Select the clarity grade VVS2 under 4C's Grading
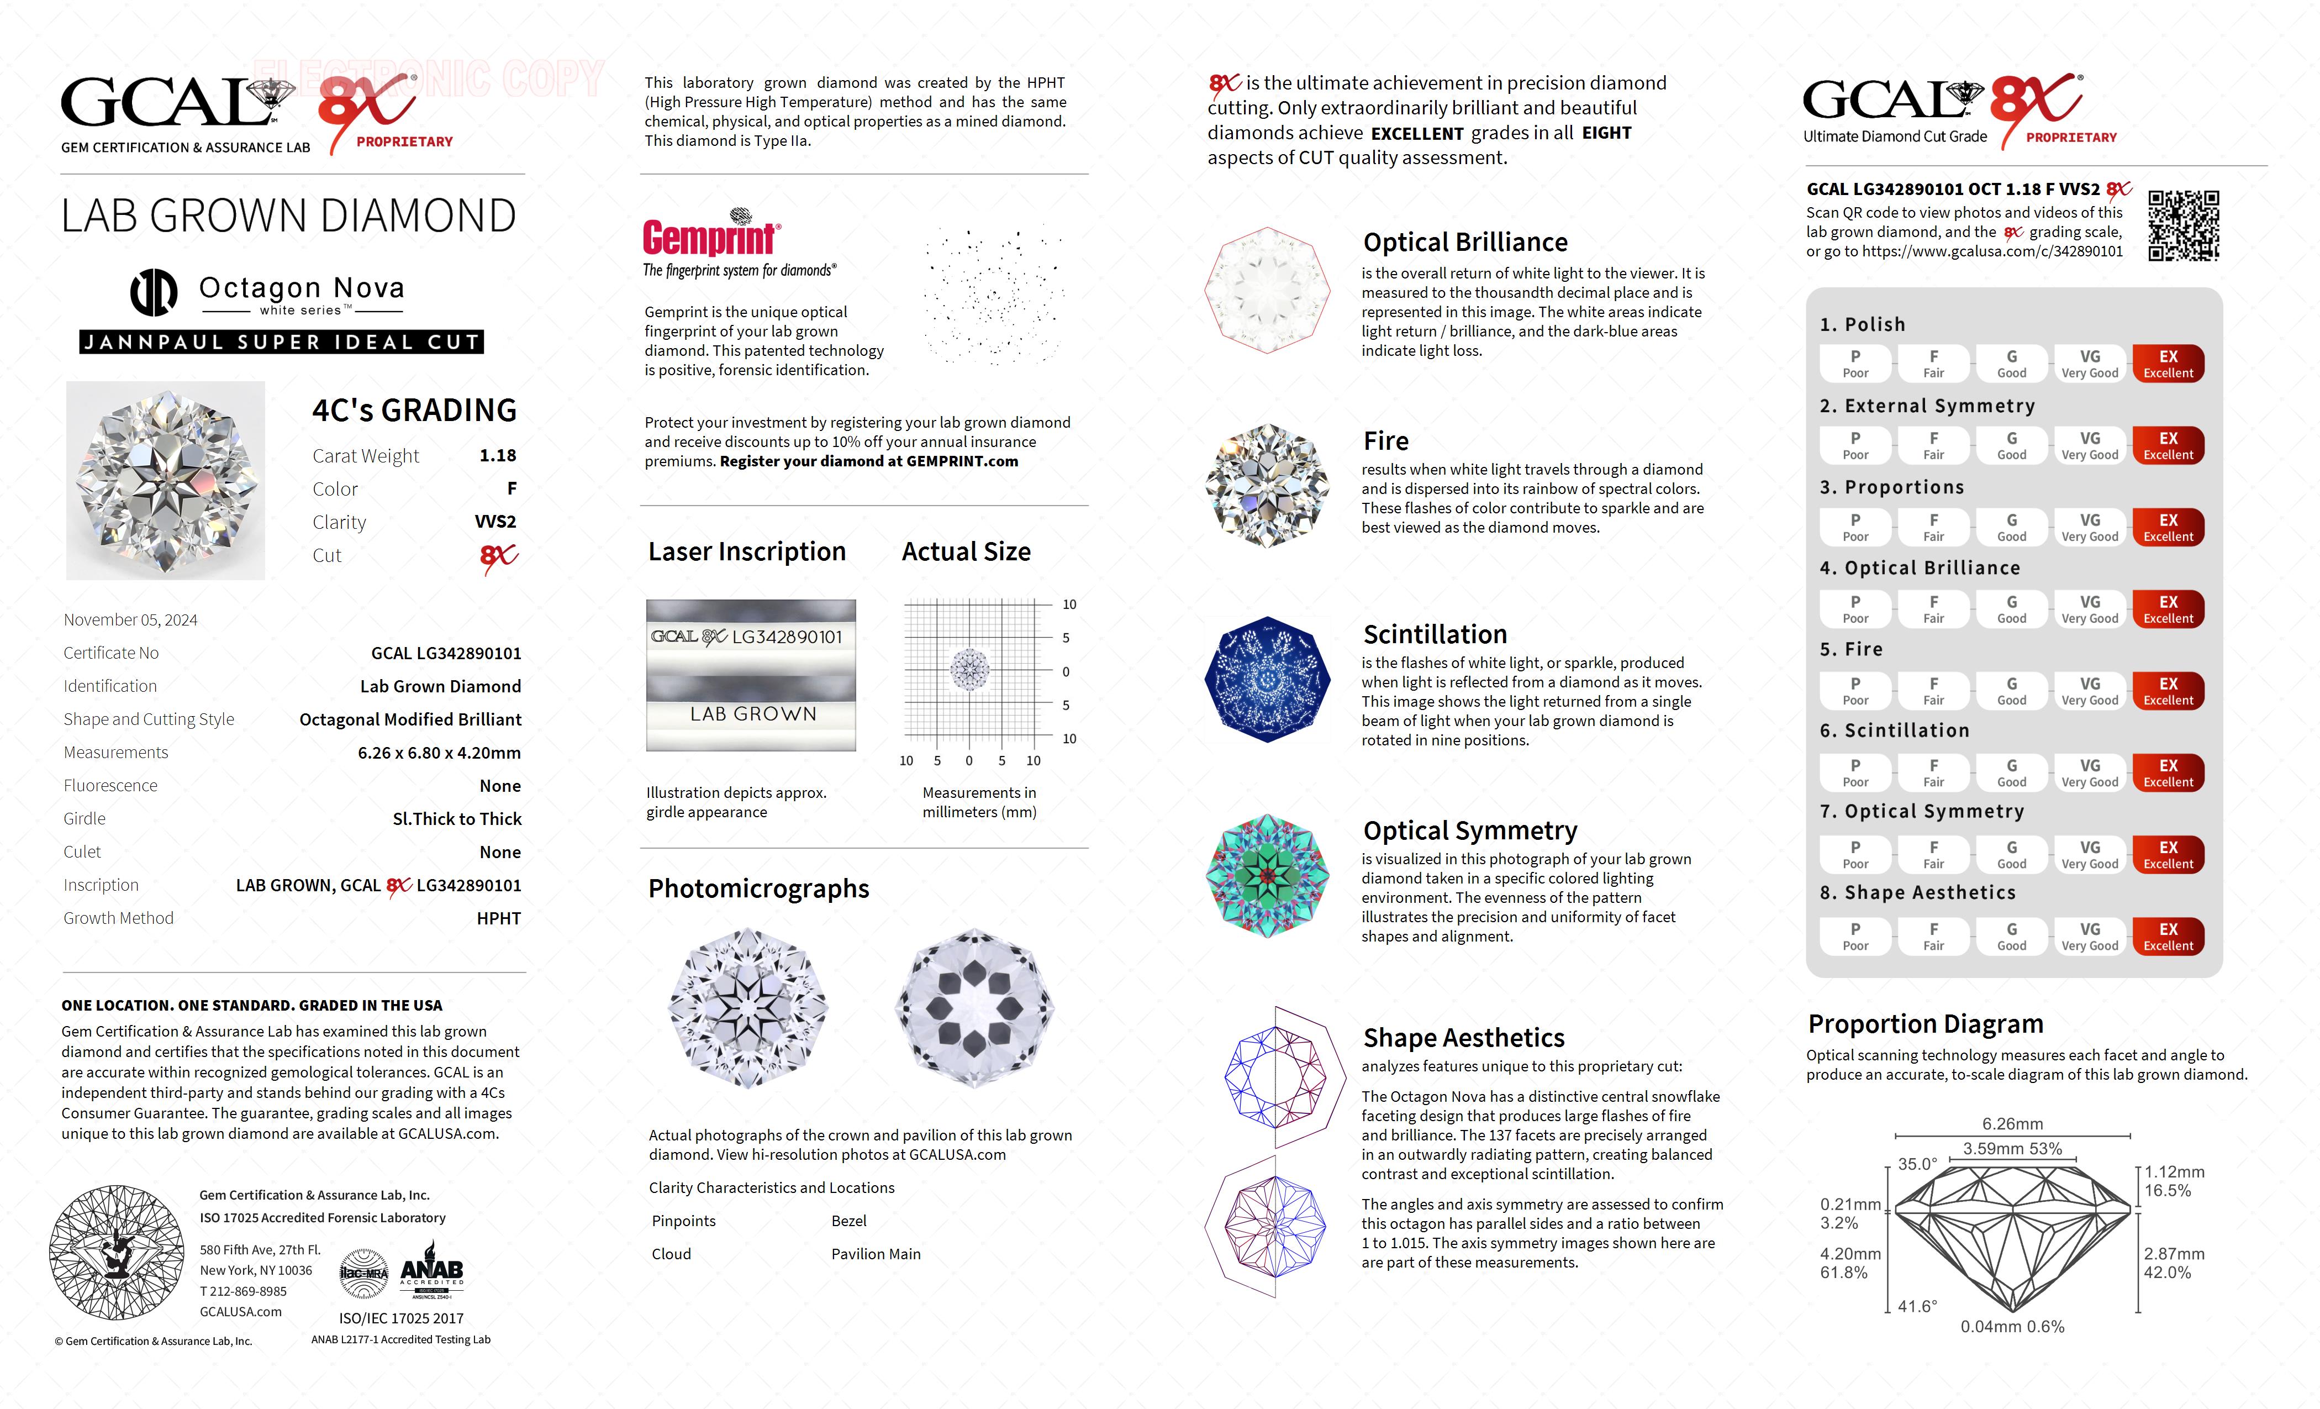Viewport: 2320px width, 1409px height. (495, 522)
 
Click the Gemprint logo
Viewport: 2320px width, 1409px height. (711, 238)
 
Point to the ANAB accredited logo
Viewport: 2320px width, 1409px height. (432, 1270)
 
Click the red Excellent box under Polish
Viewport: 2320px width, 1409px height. (2168, 364)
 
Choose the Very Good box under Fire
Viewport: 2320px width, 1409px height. (2089, 690)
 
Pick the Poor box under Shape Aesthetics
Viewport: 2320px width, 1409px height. (1855, 936)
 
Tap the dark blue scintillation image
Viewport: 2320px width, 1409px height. (1267, 679)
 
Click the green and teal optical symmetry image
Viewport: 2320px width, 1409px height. (1267, 876)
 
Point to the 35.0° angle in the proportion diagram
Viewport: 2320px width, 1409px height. (1917, 1164)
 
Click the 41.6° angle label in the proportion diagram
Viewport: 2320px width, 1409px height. (1917, 1306)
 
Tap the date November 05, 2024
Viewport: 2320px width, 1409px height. (131, 620)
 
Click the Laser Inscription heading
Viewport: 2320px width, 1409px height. (747, 552)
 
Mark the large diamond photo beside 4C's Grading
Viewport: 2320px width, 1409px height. (166, 480)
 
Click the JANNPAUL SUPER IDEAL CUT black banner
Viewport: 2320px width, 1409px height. (282, 342)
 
